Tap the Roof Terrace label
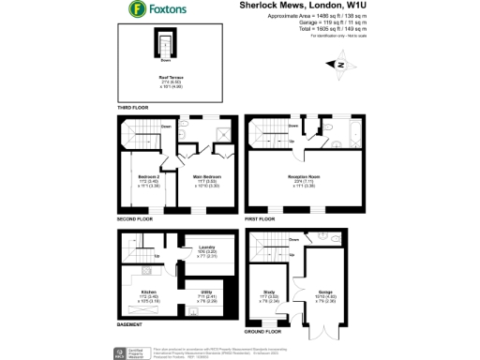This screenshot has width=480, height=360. [171, 78]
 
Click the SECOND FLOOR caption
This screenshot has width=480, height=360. [134, 218]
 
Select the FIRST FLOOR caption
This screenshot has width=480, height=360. [261, 218]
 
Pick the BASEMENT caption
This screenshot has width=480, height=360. [130, 325]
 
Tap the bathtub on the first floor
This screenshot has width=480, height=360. [348, 132]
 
